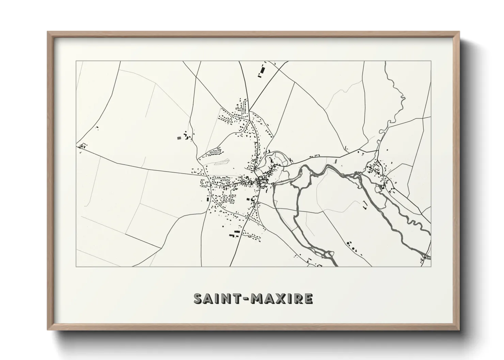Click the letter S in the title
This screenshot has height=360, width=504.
coord(199,298)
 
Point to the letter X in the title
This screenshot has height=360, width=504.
coord(281,298)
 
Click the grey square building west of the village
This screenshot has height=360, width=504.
coord(179,138)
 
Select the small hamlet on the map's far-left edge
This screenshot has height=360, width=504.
coord(81,146)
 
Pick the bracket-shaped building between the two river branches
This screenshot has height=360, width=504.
coord(365,204)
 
